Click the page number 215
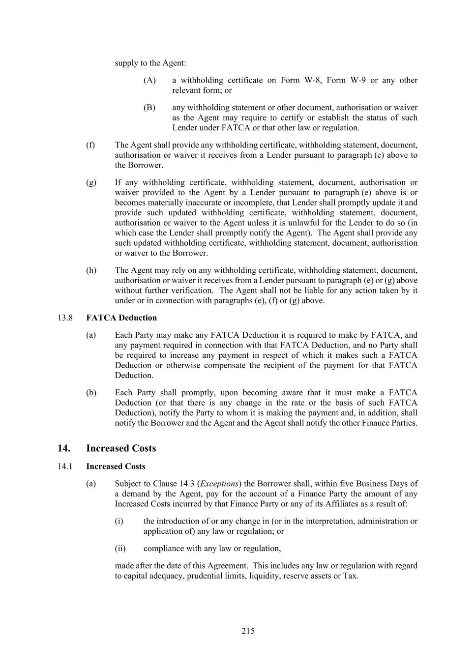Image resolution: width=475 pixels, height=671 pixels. pos(248,631)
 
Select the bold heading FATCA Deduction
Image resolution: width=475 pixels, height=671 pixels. pos(121,318)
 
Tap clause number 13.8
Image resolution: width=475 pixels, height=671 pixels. pos(65,318)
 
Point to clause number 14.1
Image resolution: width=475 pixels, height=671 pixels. pos(65,466)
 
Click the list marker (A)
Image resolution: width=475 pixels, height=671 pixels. pos(149,80)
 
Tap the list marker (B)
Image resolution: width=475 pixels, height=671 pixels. pos(149,107)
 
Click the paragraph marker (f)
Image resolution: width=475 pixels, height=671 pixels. pos(90,145)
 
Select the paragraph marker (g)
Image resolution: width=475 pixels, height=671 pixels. pos(91,182)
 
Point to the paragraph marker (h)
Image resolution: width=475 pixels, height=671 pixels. pos(91,270)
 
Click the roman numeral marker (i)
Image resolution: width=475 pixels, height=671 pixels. pos(119,521)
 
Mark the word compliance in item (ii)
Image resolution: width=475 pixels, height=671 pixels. pos(163,548)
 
